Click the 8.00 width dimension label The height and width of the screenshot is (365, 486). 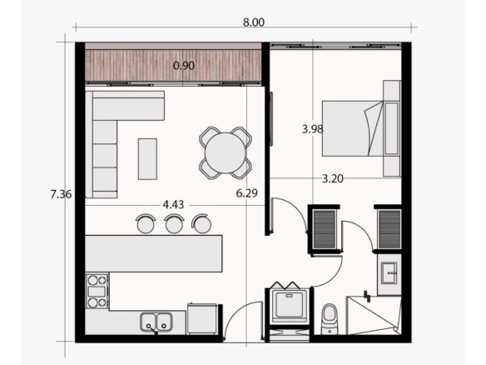tap(254, 22)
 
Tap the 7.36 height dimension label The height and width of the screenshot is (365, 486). tap(61, 194)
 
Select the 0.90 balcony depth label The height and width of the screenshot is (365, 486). tap(184, 66)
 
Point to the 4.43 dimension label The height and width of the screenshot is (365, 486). tap(173, 204)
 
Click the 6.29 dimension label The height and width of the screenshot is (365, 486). tap(246, 193)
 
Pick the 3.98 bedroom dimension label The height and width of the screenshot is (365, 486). tap(313, 129)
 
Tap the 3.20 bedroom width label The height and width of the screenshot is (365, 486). tap(333, 179)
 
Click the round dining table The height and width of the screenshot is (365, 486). tap(226, 152)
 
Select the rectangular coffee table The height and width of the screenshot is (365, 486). tap(147, 159)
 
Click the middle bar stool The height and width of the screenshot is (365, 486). tap(174, 223)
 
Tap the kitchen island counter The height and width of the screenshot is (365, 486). tap(154, 253)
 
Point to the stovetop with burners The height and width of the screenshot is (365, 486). tap(97, 291)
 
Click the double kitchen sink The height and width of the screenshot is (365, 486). tap(156, 322)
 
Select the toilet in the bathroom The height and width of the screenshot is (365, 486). tap(330, 319)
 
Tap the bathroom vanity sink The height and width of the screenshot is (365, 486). tap(389, 272)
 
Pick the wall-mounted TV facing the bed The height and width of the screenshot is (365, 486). tap(271, 118)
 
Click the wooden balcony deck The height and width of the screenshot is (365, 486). tap(173, 66)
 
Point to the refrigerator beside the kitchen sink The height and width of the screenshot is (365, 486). tap(202, 318)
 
